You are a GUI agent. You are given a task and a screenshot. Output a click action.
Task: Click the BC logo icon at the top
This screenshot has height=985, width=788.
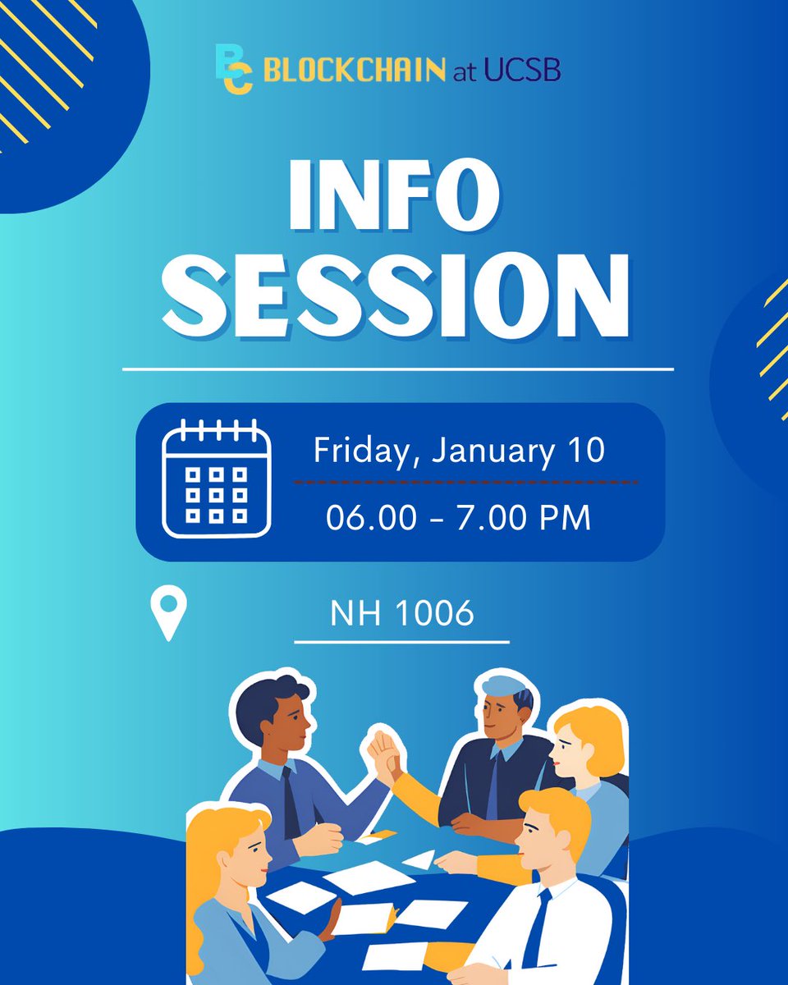pos(233,71)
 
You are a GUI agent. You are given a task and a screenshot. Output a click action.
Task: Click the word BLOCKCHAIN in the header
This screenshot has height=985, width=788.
pos(355,71)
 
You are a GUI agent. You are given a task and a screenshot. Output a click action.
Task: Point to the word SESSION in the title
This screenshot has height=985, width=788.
pos(397,296)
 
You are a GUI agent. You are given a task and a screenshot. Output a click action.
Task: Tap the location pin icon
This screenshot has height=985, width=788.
pos(169,612)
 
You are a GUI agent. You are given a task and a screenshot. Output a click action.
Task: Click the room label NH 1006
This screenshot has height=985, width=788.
pos(402,614)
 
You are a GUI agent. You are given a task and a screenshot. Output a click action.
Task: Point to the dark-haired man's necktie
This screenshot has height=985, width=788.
pos(291,800)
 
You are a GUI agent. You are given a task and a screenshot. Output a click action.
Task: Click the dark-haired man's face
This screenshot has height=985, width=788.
pos(287,722)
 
